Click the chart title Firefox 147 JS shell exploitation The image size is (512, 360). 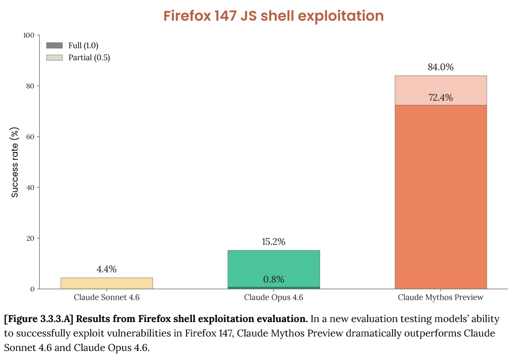pos(273,16)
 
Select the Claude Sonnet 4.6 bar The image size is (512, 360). pos(107,283)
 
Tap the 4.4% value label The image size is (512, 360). pos(107,270)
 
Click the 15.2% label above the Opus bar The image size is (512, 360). pos(273,242)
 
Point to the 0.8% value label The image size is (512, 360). pos(273,279)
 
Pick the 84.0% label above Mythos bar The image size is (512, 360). pos(441,67)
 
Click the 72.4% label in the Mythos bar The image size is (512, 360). pos(441,98)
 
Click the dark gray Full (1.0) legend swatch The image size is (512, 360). pos(54,45)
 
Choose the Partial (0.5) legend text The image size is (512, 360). pos(89,57)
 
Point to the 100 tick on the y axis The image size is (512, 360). pos(29,36)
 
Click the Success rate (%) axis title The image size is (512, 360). pos(15,162)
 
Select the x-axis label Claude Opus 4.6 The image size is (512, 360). pos(273,297)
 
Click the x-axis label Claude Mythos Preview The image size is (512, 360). pos(441,297)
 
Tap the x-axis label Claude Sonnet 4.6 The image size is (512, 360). pos(107,297)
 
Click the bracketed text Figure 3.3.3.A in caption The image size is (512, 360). pos(39,319)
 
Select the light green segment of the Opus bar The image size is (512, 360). pos(273,264)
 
